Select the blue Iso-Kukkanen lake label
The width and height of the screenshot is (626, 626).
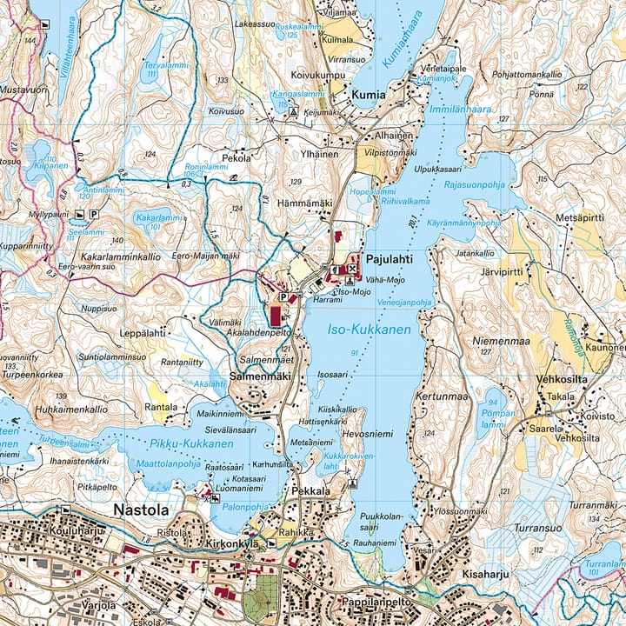tap(370, 330)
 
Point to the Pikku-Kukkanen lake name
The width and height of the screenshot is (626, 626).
tap(190, 444)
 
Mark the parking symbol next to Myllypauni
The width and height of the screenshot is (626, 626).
tap(93, 214)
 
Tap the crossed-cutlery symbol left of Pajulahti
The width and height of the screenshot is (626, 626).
tap(350, 270)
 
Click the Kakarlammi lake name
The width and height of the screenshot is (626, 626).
tap(160, 218)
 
